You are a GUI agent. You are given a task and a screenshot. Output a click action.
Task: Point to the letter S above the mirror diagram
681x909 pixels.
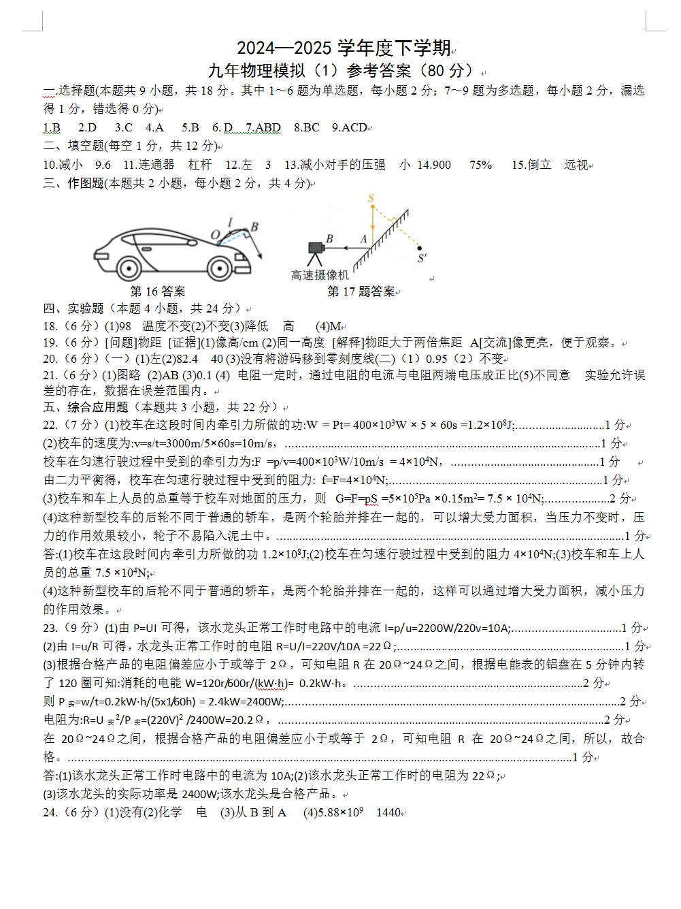pyautogui.click(x=371, y=199)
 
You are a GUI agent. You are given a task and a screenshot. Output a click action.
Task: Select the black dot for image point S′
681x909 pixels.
pyautogui.click(x=420, y=249)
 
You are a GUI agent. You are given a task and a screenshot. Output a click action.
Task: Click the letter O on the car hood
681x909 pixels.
pyautogui.click(x=215, y=235)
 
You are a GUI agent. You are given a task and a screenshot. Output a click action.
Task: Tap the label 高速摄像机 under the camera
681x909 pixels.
pyautogui.click(x=320, y=275)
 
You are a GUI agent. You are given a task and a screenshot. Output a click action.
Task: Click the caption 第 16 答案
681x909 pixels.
pyautogui.click(x=158, y=291)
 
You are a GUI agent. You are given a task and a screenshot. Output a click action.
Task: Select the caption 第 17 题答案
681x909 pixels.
pyautogui.click(x=361, y=291)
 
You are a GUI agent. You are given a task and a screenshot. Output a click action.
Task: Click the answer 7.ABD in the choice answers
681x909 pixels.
pyautogui.click(x=263, y=127)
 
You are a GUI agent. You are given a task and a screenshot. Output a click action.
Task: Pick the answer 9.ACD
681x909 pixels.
pyautogui.click(x=350, y=127)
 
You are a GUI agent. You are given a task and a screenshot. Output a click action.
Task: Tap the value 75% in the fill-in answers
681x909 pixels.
pyautogui.click(x=480, y=165)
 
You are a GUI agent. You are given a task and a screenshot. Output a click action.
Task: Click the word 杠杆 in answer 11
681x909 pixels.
pyautogui.click(x=200, y=165)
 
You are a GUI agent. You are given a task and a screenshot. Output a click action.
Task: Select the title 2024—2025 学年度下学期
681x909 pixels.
pyautogui.click(x=344, y=48)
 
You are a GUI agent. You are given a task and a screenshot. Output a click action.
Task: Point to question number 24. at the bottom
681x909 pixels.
pyautogui.click(x=50, y=812)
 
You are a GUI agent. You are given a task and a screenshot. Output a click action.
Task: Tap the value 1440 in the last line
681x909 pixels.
pyautogui.click(x=388, y=812)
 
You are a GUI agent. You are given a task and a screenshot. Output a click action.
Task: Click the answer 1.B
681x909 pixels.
pyautogui.click(x=52, y=127)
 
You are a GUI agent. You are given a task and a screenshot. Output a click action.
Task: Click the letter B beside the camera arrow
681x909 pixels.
pyautogui.click(x=329, y=239)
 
